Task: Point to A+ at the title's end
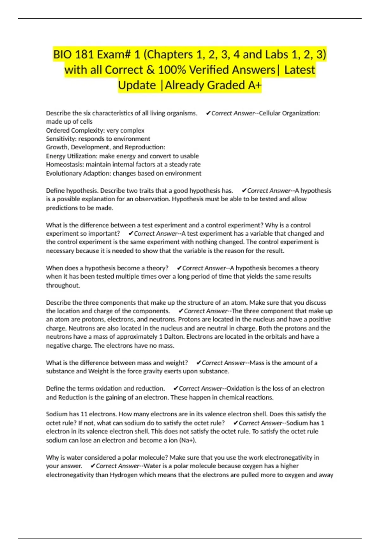tap(255, 85)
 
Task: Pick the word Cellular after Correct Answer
tap(269, 113)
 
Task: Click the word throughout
tap(63, 285)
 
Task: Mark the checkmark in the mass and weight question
tap(199, 363)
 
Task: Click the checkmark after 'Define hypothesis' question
tap(244, 191)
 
